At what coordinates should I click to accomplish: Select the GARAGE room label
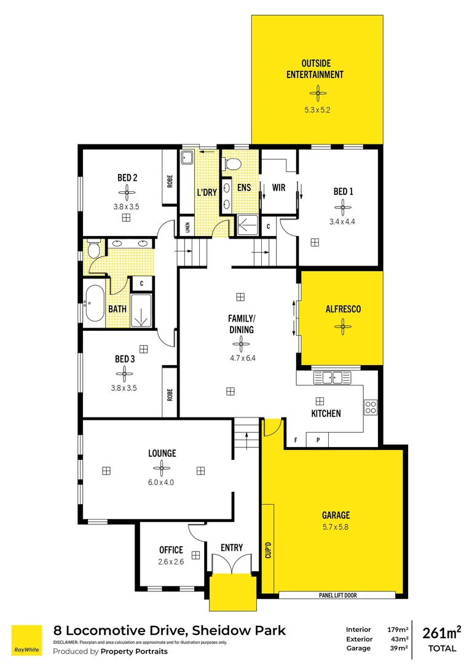click(336, 515)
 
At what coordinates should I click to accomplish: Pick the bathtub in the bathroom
click(95, 303)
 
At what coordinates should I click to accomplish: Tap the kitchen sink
click(332, 377)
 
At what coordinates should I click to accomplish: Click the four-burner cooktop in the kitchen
click(371, 406)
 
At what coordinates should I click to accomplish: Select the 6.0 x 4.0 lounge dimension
click(161, 482)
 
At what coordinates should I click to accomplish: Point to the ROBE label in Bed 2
click(170, 182)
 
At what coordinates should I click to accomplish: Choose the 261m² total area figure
click(442, 633)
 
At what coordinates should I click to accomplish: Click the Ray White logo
click(27, 641)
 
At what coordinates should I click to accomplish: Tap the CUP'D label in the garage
click(268, 545)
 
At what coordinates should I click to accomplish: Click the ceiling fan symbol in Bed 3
click(124, 373)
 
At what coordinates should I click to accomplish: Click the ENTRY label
click(232, 548)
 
